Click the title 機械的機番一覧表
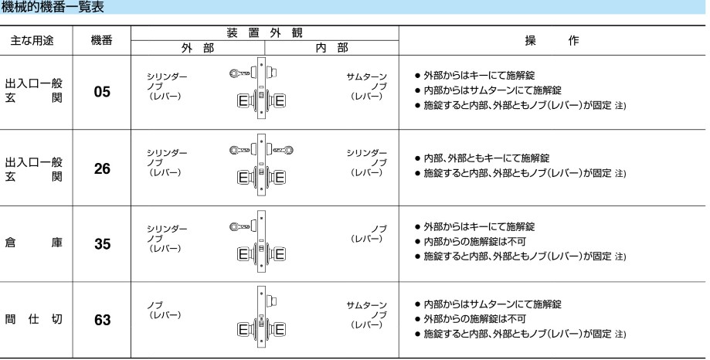tap(53, 7)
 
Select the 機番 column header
tap(101, 40)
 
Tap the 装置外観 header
tap(264, 32)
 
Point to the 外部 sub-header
tap(198, 48)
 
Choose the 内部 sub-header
tap(332, 48)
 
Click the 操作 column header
tap(552, 40)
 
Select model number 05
tap(102, 92)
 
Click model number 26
tap(102, 168)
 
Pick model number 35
tap(102, 244)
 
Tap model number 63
tap(102, 320)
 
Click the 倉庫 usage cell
tap(33, 243)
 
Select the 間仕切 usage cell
tap(33, 319)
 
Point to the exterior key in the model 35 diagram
tap(240, 226)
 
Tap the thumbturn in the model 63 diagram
tap(272, 301)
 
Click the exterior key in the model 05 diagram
tap(240, 73)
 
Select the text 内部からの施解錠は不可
tap(474, 241)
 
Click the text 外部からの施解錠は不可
tap(474, 319)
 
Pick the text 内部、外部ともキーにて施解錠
tap(486, 158)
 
